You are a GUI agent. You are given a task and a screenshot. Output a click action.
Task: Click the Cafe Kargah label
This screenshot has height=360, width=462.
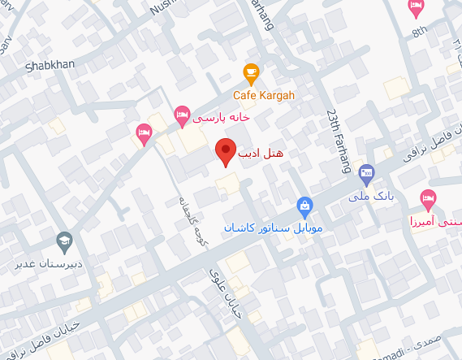[264, 95]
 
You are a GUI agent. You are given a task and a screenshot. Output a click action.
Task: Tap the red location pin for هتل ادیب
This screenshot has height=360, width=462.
[225, 151]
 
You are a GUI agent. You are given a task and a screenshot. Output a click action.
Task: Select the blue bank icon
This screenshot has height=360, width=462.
[366, 172]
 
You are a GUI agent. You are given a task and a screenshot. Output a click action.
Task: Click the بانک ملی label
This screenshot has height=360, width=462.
[365, 196]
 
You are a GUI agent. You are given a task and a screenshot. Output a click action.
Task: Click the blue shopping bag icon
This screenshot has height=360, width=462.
[304, 205]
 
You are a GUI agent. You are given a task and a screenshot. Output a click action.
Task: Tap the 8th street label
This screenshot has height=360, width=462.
[419, 32]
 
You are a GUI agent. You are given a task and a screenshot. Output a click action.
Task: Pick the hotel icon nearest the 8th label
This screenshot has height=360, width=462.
[416, 8]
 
